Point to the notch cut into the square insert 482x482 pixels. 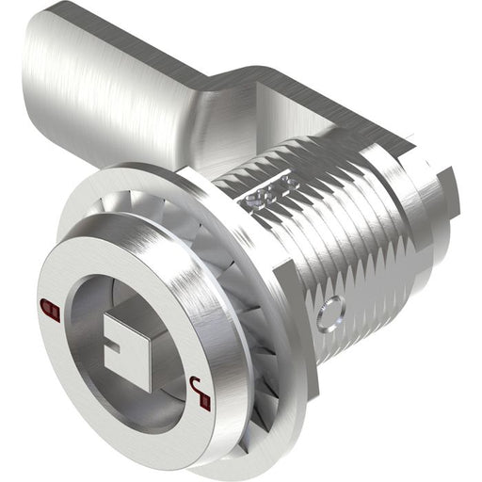117,354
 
